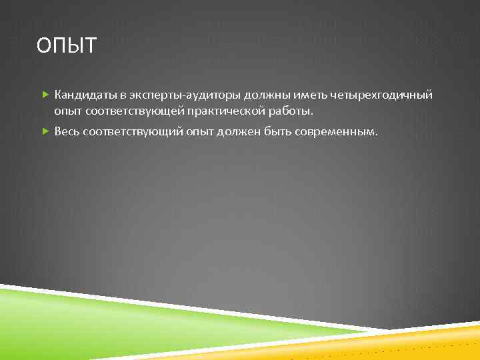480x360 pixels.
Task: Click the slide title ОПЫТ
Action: (x=67, y=46)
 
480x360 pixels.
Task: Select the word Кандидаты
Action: (x=83, y=95)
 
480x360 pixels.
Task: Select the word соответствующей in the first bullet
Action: (x=124, y=109)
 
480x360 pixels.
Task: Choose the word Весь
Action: (x=67, y=131)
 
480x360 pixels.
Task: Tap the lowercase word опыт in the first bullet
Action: (x=67, y=109)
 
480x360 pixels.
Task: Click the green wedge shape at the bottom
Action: (x=100, y=320)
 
